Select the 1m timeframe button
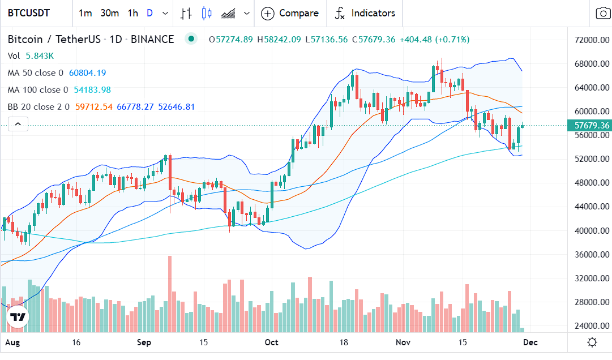85,13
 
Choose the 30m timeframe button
109,13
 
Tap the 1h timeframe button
132,13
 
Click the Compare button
290,13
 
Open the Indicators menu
365,13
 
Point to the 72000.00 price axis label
592,41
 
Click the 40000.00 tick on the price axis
592,231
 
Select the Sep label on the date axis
144,342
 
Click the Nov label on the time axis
403,342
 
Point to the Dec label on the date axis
530,342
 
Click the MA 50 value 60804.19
87,73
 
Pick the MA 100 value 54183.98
92,90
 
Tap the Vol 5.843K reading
38,56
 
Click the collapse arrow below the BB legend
18,124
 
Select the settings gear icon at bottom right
592,342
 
